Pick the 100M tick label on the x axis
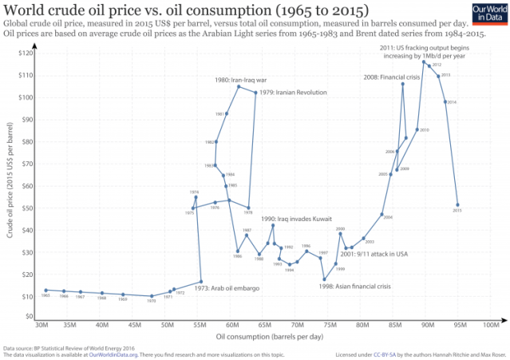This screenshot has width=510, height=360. point(492,325)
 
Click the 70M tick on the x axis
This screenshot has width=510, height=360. point(297,325)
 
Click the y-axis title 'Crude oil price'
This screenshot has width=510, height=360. point(10,184)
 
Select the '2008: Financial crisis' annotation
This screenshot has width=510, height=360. point(392,77)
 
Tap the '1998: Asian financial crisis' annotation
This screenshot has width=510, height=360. point(354,286)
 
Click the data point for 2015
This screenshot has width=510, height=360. point(457,204)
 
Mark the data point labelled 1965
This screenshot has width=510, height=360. point(46,290)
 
